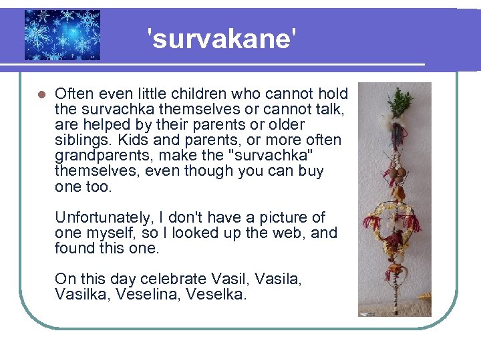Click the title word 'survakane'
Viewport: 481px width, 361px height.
click(x=220, y=39)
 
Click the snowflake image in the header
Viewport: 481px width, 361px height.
click(x=62, y=35)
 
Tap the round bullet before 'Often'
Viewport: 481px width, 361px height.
click(x=39, y=94)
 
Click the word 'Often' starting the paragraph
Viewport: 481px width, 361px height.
click(x=72, y=94)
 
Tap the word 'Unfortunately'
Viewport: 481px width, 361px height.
click(x=101, y=217)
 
